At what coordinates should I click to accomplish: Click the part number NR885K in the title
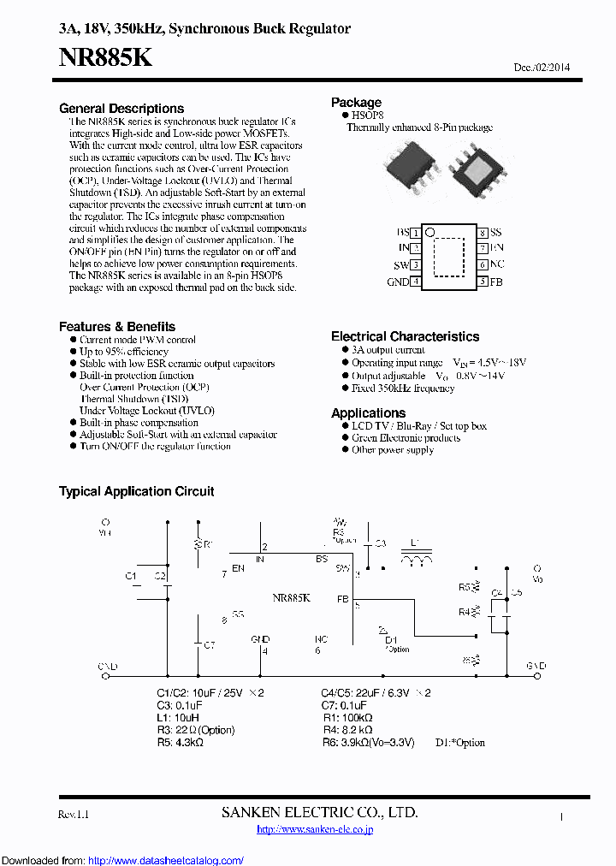[x=106, y=57]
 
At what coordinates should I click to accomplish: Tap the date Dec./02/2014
[x=542, y=68]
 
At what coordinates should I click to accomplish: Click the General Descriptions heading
[x=121, y=109]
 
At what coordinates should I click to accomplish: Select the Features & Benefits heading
[x=117, y=327]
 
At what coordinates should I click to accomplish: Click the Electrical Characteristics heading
[x=405, y=336]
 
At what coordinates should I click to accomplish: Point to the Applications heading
[x=368, y=412]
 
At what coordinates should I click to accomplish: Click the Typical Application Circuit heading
[x=136, y=491]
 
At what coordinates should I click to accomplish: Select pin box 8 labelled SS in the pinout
[x=483, y=233]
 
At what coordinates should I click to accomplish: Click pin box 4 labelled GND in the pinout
[x=416, y=282]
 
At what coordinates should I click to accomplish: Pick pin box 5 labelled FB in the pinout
[x=483, y=282]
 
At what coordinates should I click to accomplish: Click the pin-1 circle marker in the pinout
[x=430, y=232]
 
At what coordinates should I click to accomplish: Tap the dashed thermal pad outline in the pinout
[x=448, y=257]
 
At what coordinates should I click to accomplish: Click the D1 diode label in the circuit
[x=391, y=639]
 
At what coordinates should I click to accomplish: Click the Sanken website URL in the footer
[x=315, y=828]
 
